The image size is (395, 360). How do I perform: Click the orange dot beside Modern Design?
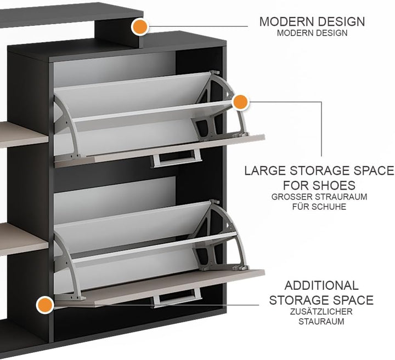tap(139, 26)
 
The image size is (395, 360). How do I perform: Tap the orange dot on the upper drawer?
tap(240, 102)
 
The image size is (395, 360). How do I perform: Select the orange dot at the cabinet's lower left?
tap(44, 305)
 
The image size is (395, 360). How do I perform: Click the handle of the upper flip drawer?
tap(176, 158)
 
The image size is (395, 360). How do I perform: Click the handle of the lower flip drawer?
tap(176, 298)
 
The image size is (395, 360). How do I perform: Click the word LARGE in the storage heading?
tap(266, 170)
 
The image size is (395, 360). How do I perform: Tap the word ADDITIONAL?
tap(321, 285)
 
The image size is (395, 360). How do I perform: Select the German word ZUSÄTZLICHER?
tap(321, 311)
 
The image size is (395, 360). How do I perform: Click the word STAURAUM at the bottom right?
tap(321, 322)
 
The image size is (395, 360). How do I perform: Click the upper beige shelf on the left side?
tap(24, 135)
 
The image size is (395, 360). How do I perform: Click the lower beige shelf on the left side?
tap(24, 239)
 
